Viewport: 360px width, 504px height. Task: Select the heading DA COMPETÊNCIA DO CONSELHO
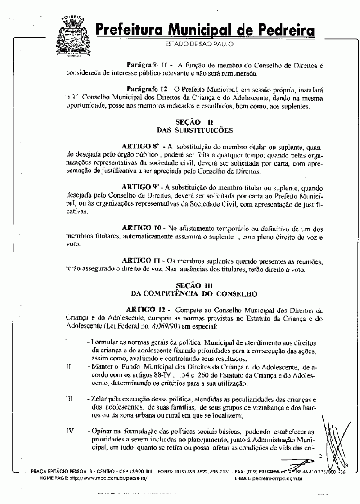[194, 294]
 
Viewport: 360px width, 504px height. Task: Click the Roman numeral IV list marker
[69, 431]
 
